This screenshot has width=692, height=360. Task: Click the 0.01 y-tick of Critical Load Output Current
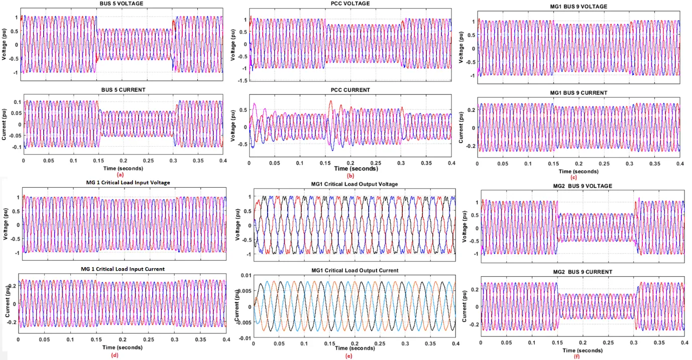(x=246, y=275)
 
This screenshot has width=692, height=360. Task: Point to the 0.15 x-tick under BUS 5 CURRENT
(x=98, y=161)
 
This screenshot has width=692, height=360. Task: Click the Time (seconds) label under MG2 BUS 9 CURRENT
(x=583, y=350)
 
